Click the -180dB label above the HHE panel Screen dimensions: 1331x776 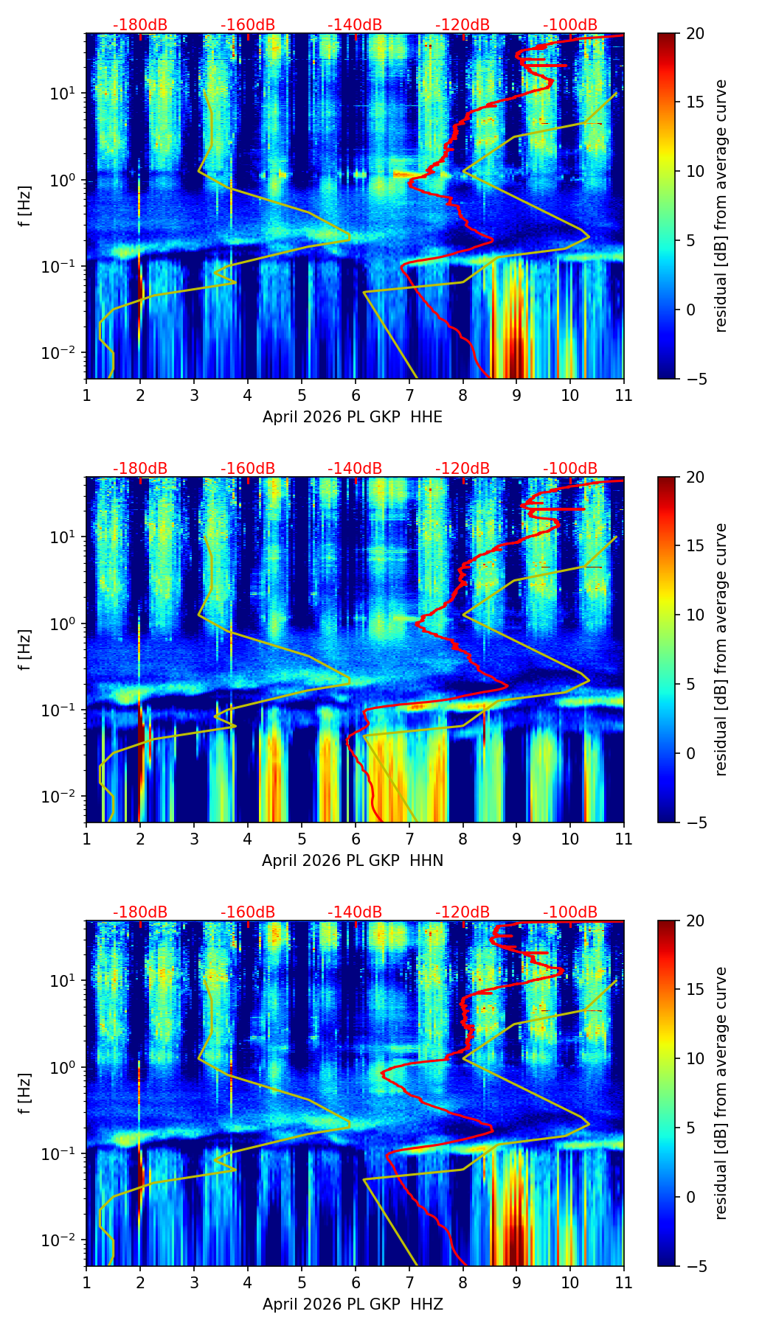140,25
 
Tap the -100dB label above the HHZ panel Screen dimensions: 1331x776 570,912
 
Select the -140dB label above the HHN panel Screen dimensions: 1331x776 355,469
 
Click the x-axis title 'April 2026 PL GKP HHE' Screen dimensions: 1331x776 353,417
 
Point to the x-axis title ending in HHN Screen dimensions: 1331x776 353,861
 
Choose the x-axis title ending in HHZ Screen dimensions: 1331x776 353,1304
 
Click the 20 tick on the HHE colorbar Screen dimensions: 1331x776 694,33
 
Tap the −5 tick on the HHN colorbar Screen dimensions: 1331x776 694,822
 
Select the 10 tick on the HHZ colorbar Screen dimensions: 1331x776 694,1058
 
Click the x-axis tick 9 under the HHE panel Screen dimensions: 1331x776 516,395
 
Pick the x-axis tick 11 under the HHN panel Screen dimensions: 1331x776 623,839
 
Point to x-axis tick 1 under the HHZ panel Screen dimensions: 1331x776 86,1282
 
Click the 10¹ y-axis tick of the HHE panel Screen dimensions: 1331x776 61,94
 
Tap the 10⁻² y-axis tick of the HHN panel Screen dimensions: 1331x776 58,797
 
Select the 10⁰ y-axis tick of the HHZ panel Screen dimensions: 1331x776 61,1067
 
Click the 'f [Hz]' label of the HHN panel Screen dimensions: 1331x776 25,649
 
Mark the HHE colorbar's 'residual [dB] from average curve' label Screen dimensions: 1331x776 721,206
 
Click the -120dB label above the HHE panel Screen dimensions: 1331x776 463,25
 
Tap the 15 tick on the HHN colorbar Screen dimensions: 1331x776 694,545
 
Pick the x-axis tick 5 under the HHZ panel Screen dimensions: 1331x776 302,1282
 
